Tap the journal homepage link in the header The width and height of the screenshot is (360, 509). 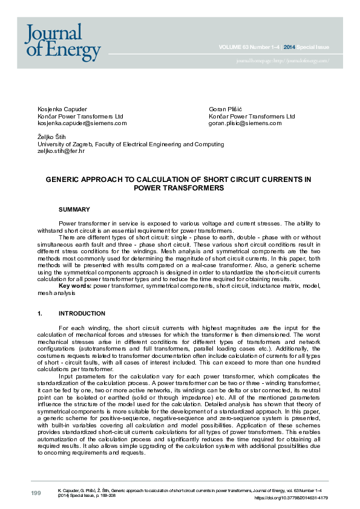tap(283, 61)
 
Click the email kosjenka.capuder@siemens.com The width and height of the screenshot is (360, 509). tap(82, 123)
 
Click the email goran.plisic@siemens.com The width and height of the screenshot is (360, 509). tap(245, 123)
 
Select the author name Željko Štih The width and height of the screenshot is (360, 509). tap(51, 137)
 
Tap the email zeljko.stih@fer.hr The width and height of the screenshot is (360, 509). tap(61, 151)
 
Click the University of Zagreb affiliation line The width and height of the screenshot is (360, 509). tap(130, 144)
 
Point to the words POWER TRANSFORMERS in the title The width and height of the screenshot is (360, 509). tap(179, 188)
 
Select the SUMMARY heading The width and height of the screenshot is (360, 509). tap(74, 209)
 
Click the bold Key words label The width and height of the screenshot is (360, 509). tap(75, 286)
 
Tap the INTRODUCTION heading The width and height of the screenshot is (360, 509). tap(82, 314)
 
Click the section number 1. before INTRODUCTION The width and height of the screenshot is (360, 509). tap(40, 314)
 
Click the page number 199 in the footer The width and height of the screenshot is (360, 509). tap(36, 494)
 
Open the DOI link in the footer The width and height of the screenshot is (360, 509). tap(291, 498)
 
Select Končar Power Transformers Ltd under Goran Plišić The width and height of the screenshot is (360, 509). tap(252, 116)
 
